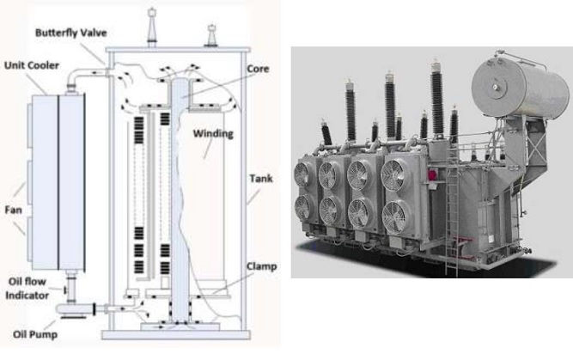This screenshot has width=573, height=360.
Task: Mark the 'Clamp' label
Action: pyautogui.click(x=260, y=267)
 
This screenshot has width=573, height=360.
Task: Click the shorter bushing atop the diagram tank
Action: pyautogui.click(x=209, y=34)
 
